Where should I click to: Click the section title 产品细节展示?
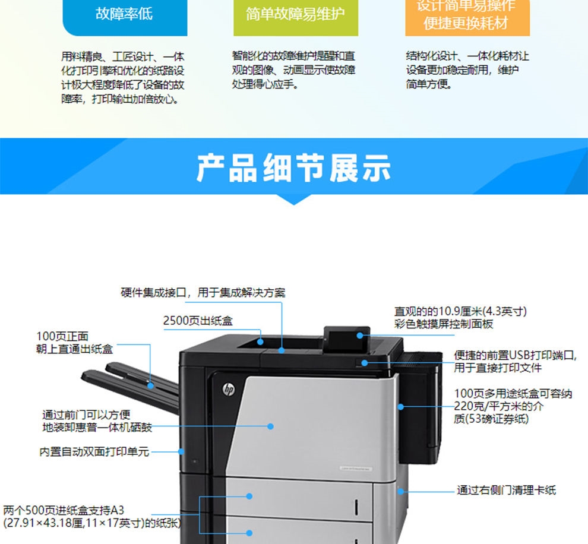tap(293, 168)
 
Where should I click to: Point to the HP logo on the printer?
tap(229, 390)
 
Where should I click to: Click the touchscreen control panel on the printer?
tap(347, 339)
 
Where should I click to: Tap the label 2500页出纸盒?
tap(198, 321)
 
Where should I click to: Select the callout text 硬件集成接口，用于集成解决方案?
tap(203, 292)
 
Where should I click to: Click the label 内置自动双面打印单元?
tap(94, 452)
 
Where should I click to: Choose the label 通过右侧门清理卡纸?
tap(506, 490)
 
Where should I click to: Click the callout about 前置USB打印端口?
tap(516, 362)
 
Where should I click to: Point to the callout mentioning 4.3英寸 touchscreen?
tap(460, 318)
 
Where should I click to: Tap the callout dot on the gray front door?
tap(270, 426)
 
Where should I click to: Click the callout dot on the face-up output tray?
tap(150, 385)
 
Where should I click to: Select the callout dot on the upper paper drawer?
tap(249, 496)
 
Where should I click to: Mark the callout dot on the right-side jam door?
tap(401, 491)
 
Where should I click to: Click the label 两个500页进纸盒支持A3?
tap(64, 510)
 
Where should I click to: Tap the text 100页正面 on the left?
tap(62, 336)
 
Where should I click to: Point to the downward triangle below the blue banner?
tap(294, 200)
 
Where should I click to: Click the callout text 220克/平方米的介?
tap(498, 406)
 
